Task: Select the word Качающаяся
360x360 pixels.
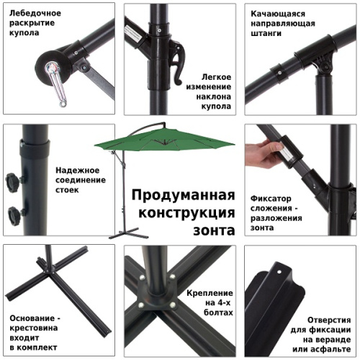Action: click(278, 14)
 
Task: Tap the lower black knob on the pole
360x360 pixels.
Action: click(14, 213)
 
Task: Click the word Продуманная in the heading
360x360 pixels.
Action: click(183, 196)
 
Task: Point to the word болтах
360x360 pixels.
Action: click(218, 314)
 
